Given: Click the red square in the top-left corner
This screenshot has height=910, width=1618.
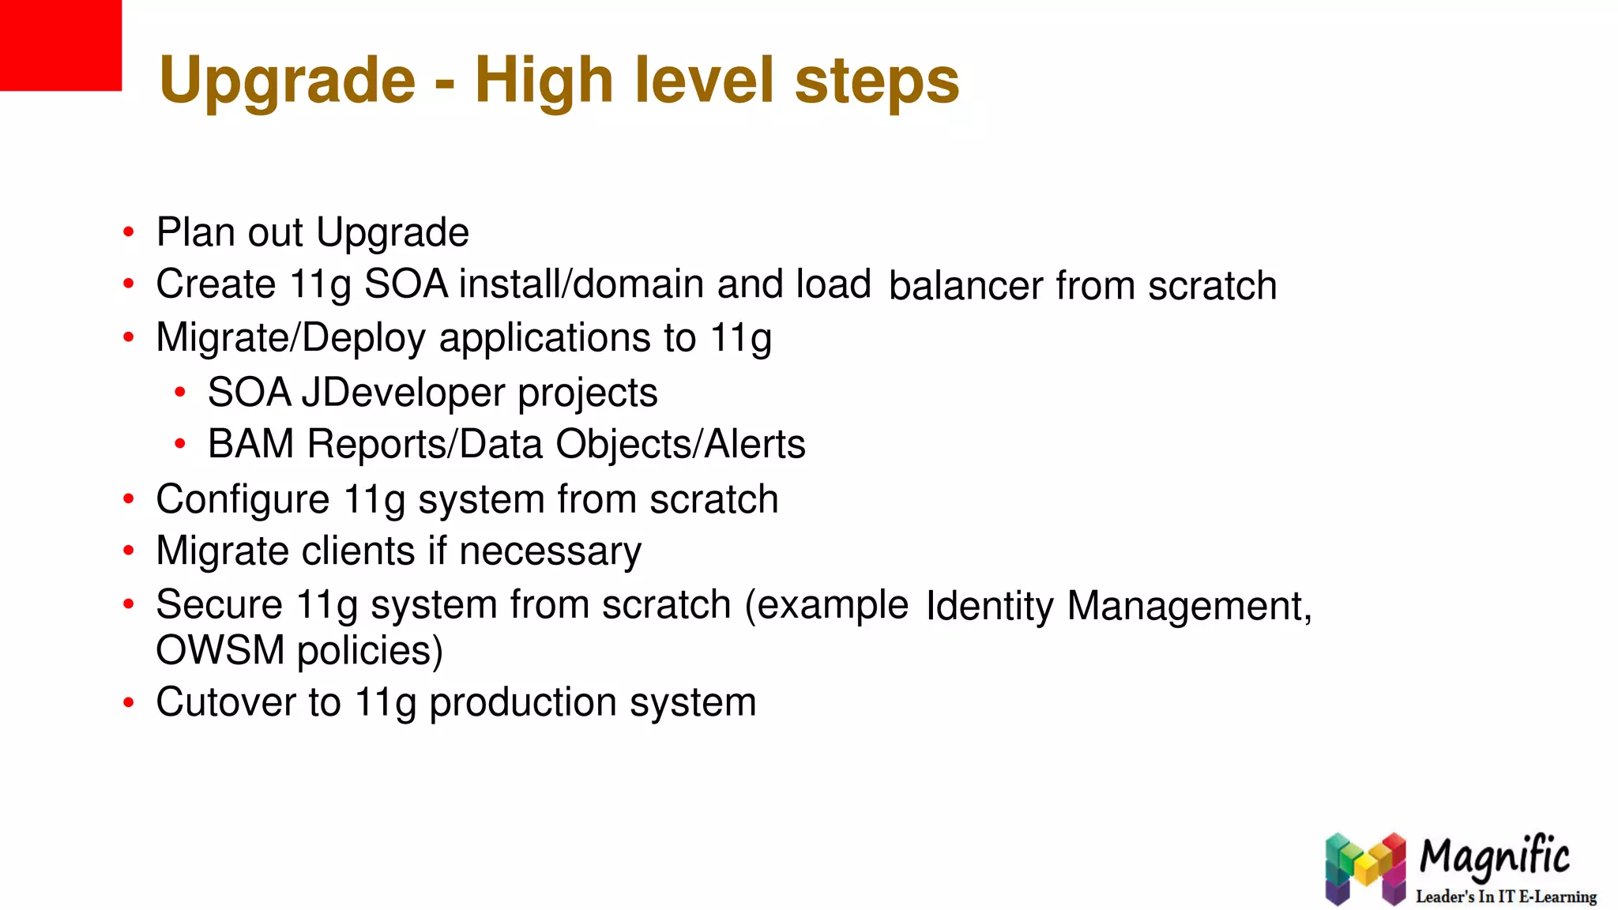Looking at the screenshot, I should click(60, 45).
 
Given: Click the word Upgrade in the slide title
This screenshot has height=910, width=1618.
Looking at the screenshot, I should click(287, 81).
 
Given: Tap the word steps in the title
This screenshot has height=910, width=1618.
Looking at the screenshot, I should click(876, 81).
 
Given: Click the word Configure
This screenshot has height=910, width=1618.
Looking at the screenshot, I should click(243, 499).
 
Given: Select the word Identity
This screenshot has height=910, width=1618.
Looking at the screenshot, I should click(989, 606).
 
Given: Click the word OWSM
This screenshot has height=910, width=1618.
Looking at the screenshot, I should click(220, 650).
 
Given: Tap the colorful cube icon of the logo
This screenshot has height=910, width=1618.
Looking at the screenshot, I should click(1365, 868).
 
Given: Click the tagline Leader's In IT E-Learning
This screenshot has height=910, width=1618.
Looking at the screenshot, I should click(1506, 897).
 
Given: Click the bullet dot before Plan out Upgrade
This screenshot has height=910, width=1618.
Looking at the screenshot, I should click(129, 233).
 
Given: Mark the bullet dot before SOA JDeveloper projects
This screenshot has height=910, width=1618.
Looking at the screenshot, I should click(180, 393).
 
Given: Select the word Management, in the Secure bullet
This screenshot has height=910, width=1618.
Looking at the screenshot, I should click(1189, 606).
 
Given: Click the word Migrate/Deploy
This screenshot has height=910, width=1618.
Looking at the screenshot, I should click(291, 338).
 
